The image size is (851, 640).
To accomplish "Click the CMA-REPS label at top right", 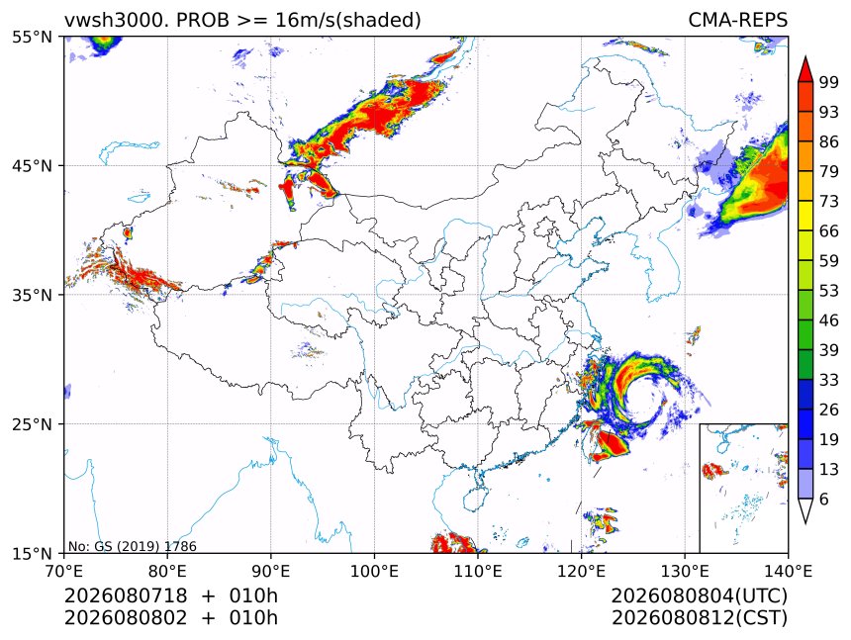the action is [x=737, y=20].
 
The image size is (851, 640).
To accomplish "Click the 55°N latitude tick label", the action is [x=32, y=37].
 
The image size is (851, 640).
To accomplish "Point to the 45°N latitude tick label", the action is [x=32, y=165].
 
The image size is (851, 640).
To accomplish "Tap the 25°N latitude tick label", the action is [x=32, y=423].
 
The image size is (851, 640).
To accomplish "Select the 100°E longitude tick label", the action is [x=374, y=571].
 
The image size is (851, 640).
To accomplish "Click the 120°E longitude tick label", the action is [x=581, y=571].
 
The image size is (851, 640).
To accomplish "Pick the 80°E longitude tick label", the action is [x=167, y=571].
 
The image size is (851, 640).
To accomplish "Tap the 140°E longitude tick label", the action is [x=788, y=571].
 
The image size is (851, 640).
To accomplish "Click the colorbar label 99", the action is [x=829, y=82].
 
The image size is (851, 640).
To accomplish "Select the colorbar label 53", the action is [x=829, y=291].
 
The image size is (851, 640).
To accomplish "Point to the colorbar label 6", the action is [x=824, y=499].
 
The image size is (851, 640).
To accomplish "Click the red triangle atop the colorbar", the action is [x=805, y=69].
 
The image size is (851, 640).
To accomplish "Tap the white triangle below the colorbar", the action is [x=805, y=510].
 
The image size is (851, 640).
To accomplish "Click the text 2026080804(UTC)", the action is [x=699, y=595].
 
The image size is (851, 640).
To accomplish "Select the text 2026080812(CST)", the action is [x=699, y=618].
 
